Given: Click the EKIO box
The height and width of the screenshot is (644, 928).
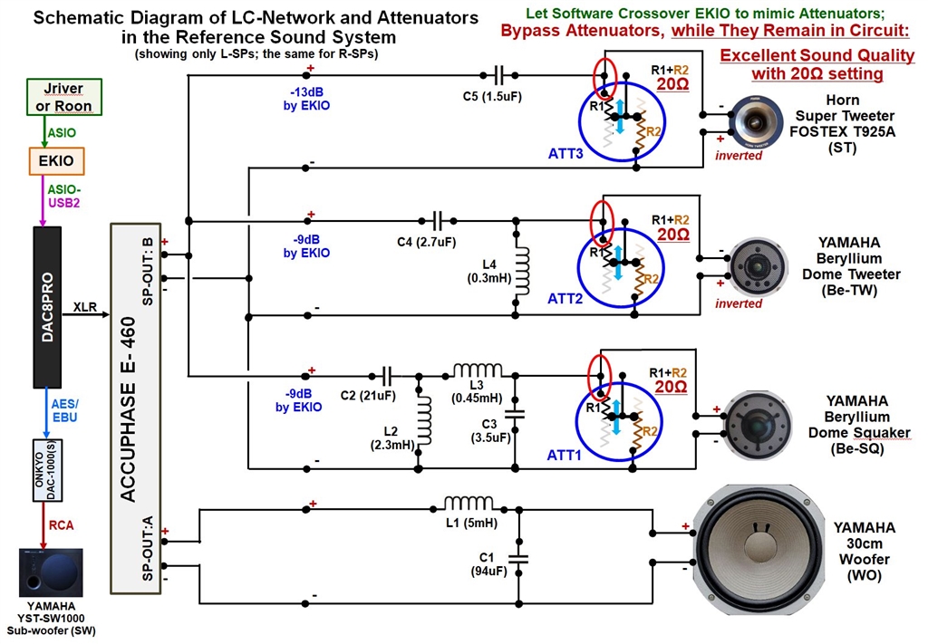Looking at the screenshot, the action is click(x=56, y=161).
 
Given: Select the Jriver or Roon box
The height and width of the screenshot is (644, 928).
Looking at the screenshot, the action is click(x=64, y=97).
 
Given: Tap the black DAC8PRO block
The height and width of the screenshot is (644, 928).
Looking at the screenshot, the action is click(x=47, y=307).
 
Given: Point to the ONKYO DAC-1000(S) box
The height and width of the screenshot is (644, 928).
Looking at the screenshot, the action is click(x=47, y=471).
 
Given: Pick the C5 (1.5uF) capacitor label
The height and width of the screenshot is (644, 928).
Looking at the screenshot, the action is click(x=492, y=96).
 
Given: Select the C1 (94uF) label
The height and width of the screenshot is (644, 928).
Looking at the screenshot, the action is click(x=488, y=564).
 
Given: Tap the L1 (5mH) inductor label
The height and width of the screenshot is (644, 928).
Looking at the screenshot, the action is click(x=471, y=524).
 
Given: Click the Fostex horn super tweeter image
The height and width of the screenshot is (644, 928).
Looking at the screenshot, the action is click(x=755, y=123).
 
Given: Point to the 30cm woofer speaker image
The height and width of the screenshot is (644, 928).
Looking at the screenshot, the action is click(x=759, y=550).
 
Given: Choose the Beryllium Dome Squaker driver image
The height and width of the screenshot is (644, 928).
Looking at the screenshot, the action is click(x=757, y=426).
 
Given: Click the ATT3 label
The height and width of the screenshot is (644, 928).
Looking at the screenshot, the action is click(x=565, y=154).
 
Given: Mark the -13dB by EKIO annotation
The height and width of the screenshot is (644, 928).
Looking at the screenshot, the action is click(x=306, y=100).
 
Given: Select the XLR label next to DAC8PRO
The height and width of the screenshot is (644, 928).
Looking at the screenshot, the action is click(x=85, y=307).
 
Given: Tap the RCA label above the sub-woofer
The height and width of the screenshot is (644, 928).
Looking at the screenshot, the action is click(x=62, y=525).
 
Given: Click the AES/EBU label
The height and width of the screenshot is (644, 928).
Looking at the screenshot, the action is click(x=64, y=410).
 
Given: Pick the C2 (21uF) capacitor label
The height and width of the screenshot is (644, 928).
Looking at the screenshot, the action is click(x=368, y=396).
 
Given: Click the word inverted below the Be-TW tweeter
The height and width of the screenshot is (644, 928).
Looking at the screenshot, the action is click(x=739, y=303).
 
